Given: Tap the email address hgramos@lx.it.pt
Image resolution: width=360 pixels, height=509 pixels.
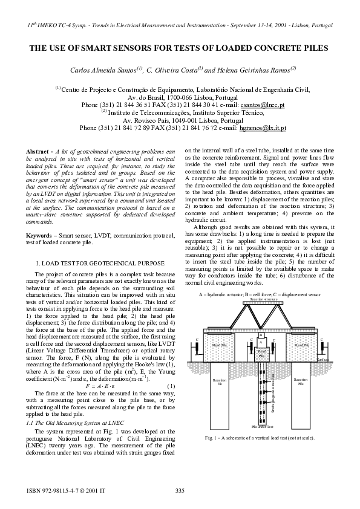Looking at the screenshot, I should coord(261,128).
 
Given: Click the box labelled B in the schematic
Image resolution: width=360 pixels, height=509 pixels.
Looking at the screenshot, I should coord(261,334).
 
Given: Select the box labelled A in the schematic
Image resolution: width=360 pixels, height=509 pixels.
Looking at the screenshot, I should coord(261,342).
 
